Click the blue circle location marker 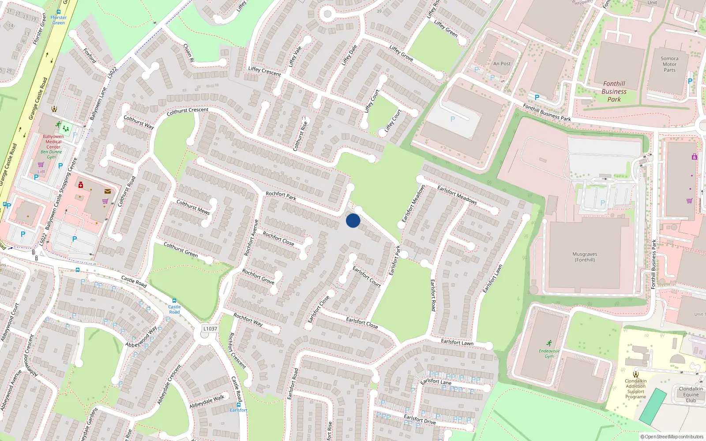click(353, 220)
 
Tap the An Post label click(502, 64)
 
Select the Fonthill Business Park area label click(614, 91)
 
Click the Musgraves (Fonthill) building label click(585, 257)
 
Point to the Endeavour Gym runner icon click(549, 343)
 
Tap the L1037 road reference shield click(210, 329)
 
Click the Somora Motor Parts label click(669, 64)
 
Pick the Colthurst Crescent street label click(188, 112)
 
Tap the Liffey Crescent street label click(264, 71)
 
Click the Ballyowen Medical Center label click(53, 142)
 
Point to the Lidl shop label click(41, 172)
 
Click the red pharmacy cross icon click(81, 185)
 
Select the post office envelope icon click(108, 191)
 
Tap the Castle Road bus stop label click(174, 309)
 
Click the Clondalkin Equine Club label click(691, 395)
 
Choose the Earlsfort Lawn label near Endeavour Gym click(457, 343)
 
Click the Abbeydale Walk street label click(207, 401)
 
